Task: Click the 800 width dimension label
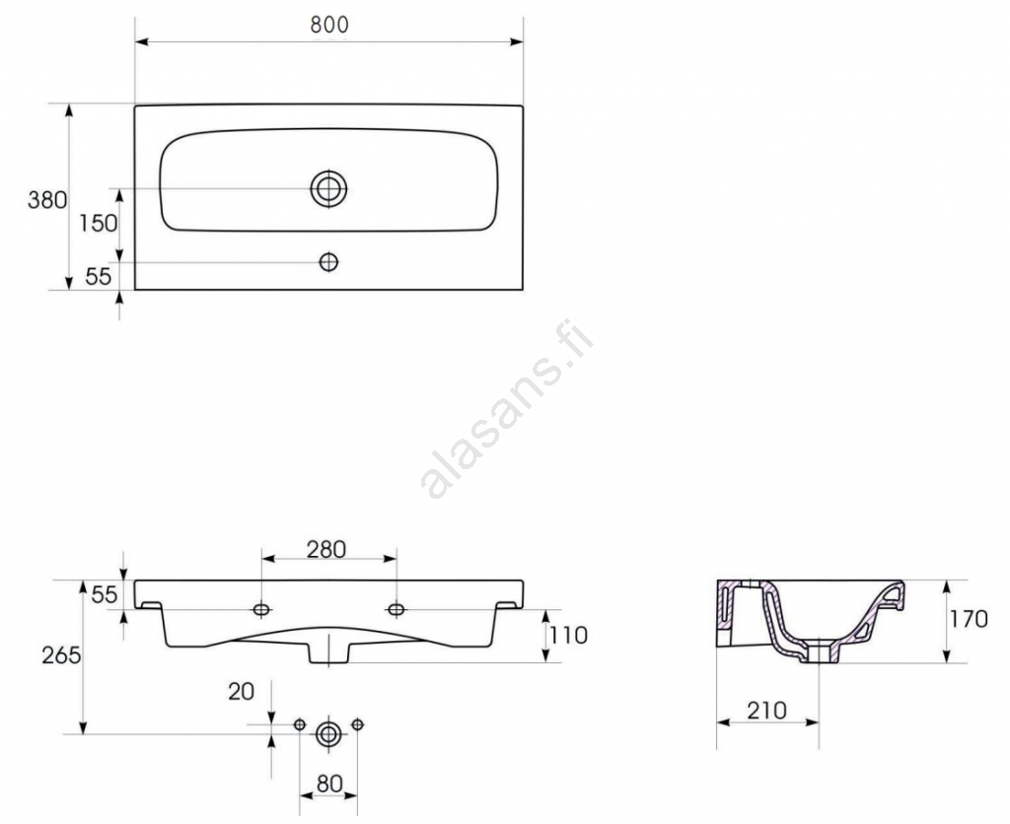pos(329,25)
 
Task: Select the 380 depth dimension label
pos(47,200)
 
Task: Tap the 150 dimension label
pos(98,224)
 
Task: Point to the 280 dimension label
pos(325,550)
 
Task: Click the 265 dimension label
pos(61,655)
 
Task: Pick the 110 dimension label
pos(569,636)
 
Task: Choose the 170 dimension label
pos(969,619)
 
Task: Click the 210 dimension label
pos(766,711)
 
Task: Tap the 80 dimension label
pos(329,785)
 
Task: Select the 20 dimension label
pos(242,691)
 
